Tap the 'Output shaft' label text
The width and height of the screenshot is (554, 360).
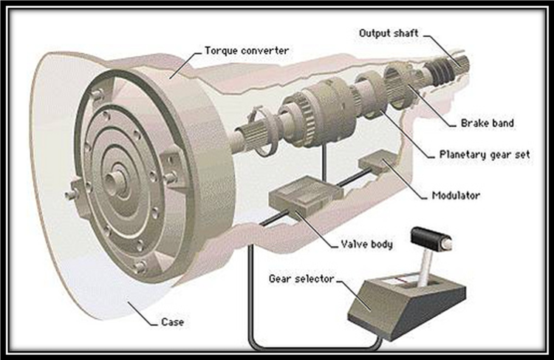pyautogui.click(x=389, y=33)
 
